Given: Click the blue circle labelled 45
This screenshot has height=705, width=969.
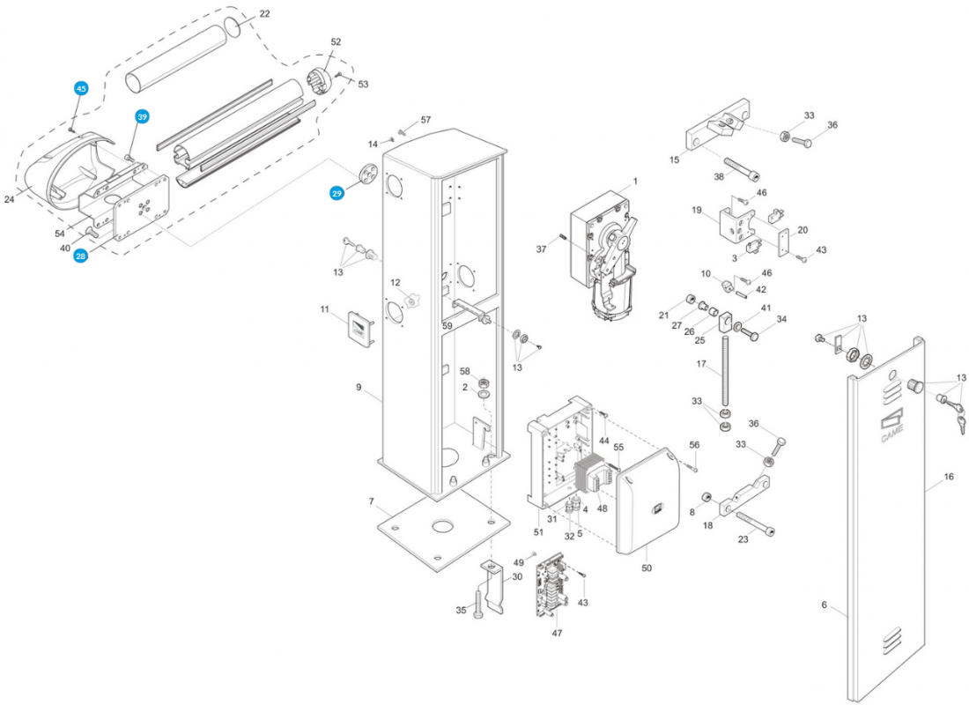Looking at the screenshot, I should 81,89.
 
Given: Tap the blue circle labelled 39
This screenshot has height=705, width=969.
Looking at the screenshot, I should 142,116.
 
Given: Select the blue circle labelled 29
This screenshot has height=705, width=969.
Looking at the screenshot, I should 337,193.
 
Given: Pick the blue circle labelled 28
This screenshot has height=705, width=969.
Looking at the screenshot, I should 81,256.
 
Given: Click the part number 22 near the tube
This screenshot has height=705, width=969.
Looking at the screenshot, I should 265,14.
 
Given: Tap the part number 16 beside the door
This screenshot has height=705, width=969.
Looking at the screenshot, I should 949,477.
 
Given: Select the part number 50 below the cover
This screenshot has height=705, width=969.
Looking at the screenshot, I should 647,568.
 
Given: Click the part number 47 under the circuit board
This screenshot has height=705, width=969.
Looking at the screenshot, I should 557,633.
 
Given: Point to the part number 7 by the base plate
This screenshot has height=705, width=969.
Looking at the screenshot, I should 373,501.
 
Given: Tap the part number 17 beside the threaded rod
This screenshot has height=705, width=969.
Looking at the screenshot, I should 701,364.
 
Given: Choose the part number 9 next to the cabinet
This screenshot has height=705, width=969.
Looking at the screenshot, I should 359,387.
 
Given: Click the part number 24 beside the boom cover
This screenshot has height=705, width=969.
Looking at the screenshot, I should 10,200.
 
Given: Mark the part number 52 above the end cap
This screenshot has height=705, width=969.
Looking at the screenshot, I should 336,41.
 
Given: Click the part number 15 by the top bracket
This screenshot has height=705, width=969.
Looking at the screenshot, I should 675,160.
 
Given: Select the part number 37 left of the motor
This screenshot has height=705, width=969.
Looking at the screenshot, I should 542,249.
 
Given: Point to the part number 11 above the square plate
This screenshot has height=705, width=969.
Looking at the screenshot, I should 324,309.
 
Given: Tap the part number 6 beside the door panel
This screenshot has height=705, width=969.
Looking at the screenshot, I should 825,605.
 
